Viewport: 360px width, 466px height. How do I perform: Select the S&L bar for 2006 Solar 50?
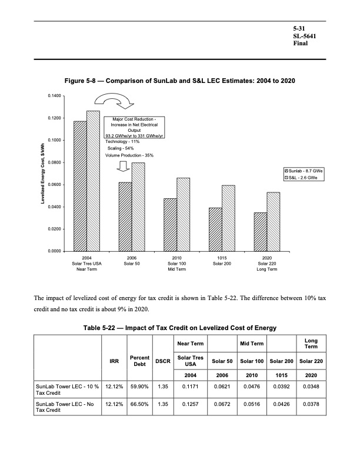point(138,207)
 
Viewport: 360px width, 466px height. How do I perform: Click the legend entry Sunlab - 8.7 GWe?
point(305,170)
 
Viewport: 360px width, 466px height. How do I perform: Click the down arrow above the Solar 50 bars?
point(123,166)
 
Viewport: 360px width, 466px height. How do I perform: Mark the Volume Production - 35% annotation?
point(129,155)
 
